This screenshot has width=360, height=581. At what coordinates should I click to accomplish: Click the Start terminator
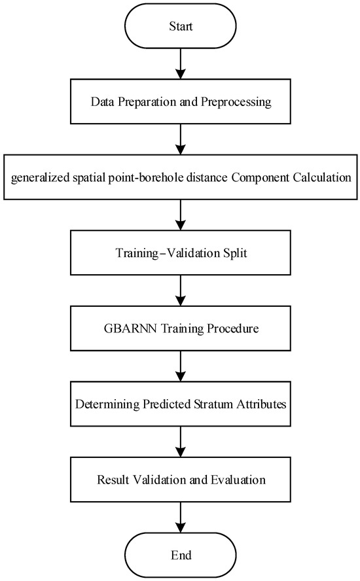[x=180, y=26]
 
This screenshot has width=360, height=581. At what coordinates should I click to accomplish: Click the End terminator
[x=180, y=555]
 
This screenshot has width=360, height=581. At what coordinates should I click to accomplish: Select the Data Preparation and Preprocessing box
[x=180, y=101]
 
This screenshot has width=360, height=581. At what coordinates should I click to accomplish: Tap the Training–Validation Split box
[x=180, y=253]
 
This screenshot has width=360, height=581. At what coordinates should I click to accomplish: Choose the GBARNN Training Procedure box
[x=180, y=328]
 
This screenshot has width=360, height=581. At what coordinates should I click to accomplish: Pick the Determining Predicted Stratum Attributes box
[x=180, y=404]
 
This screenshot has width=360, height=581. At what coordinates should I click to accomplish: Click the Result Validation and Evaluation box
[x=180, y=480]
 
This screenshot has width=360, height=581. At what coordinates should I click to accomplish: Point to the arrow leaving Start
[x=180, y=63]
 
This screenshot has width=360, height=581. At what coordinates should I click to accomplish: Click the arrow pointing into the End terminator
[x=180, y=518]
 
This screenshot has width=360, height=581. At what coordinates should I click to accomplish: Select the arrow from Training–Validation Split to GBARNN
[x=180, y=290]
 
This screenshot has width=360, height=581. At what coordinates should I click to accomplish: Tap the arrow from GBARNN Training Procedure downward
[x=180, y=366]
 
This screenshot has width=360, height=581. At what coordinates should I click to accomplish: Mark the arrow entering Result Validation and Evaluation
[x=180, y=442]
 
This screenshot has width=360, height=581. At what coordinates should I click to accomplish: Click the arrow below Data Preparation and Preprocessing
[x=180, y=139]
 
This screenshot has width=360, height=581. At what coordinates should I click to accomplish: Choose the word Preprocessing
[x=236, y=102]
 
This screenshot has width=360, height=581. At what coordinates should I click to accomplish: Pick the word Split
[x=235, y=253]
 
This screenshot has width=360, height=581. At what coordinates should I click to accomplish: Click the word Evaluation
[x=238, y=480]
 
